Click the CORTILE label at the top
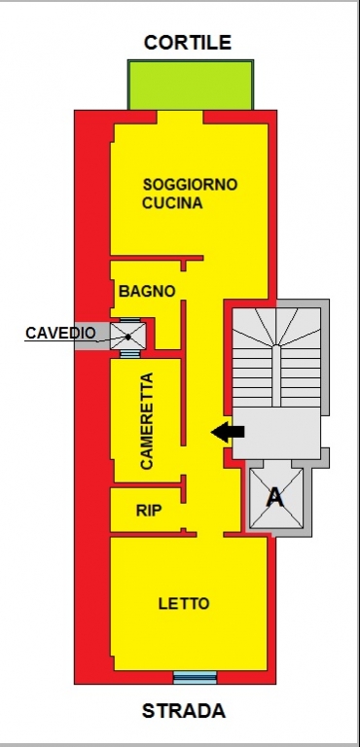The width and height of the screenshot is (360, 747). point(188,43)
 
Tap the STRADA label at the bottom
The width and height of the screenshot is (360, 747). point(184,711)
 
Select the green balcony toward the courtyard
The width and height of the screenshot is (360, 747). point(191,85)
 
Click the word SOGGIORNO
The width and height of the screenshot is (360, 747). point(191,185)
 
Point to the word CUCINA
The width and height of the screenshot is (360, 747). point(172,203)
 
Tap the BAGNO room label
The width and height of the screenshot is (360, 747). point(147,291)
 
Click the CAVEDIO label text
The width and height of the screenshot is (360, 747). point(60,333)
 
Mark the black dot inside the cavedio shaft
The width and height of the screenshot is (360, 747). point(128,337)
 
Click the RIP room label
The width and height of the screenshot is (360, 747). point(149,511)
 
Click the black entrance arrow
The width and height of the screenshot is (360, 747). point(228,432)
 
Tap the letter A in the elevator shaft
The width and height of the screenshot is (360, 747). point(274,497)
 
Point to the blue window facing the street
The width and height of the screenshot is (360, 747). point(195,677)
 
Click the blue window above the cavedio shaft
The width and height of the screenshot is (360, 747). point(129,320)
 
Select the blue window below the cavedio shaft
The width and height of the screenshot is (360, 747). point(129,353)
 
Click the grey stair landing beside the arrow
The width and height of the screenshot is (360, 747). point(276,433)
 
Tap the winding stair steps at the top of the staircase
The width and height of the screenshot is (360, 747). point(276,327)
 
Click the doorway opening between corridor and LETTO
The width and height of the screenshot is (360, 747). point(210,534)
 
